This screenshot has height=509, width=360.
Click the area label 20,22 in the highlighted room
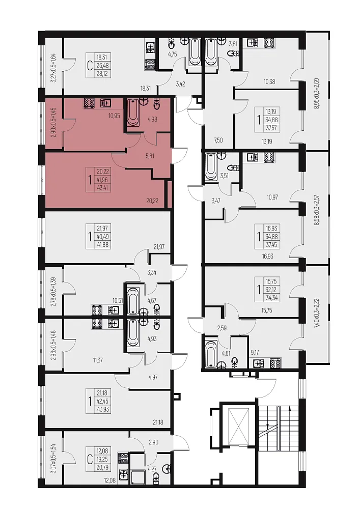click(x=152, y=201)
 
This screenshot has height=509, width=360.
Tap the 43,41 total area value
click(x=102, y=188)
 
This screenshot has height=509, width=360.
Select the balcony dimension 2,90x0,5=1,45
click(x=54, y=122)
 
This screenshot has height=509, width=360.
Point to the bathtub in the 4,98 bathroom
click(x=133, y=112)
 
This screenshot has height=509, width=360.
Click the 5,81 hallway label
click(x=150, y=156)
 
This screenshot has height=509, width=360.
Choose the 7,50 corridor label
click(x=218, y=140)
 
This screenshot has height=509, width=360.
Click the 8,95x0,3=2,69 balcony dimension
click(x=317, y=94)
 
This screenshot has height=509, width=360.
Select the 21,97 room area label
click(x=159, y=247)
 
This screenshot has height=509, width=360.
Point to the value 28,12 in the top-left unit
click(x=102, y=74)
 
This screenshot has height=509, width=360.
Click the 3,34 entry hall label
click(x=152, y=272)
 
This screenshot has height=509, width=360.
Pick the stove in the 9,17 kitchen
click(x=275, y=362)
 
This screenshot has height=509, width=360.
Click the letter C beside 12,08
click(x=90, y=459)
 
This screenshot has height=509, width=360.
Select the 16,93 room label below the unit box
click(x=267, y=256)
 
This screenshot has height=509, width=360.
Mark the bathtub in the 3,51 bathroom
click(x=211, y=167)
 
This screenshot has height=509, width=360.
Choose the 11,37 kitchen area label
click(x=98, y=360)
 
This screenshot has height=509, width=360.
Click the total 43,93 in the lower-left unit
click(x=102, y=410)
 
